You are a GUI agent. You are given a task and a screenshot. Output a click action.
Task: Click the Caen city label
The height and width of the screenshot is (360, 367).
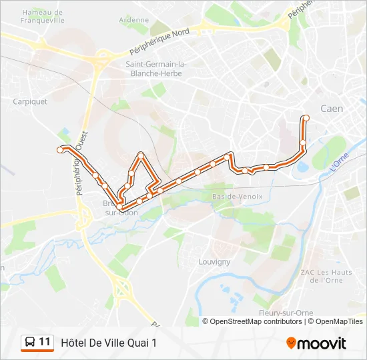(x=332, y=109)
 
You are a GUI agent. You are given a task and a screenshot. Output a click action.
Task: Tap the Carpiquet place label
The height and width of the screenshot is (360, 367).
(x=30, y=102)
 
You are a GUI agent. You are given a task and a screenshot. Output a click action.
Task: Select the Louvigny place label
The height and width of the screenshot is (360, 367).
(x=214, y=262)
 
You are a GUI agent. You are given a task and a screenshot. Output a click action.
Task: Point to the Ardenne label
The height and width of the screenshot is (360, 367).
(x=134, y=20)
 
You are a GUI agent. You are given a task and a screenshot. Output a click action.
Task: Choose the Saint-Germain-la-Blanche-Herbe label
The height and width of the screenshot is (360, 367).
(x=156, y=69)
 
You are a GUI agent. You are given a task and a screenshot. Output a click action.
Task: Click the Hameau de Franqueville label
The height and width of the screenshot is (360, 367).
(x=43, y=16)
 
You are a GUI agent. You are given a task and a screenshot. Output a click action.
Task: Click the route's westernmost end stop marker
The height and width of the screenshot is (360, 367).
(x=61, y=149)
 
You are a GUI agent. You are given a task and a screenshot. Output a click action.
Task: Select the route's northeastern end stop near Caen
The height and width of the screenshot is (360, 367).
(x=306, y=118)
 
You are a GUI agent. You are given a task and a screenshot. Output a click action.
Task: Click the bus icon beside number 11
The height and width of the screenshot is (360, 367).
(x=30, y=343)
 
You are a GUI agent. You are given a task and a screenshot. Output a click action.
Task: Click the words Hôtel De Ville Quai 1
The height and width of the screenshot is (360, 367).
(x=109, y=343)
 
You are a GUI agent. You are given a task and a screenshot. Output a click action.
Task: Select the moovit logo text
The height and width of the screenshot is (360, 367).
(x=322, y=343)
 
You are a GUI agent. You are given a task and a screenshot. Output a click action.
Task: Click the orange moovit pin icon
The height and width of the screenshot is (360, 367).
(x=291, y=343)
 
